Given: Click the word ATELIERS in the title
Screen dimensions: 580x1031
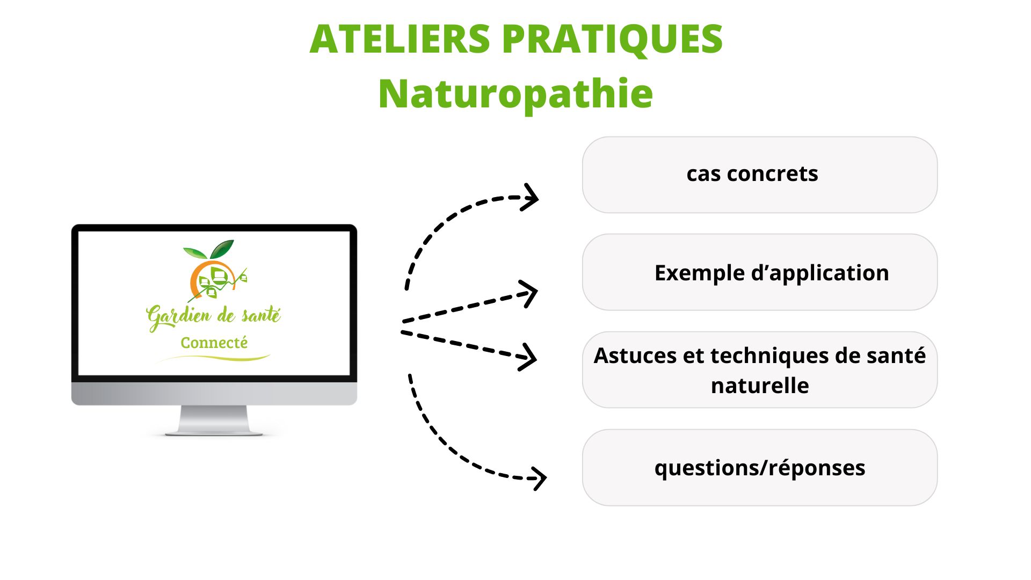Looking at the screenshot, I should [400, 39].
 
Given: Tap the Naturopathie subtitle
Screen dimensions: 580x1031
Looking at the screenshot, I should [515, 94].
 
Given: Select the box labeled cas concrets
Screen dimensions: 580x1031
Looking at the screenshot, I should [759, 175].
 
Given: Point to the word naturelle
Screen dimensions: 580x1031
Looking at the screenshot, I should [759, 386].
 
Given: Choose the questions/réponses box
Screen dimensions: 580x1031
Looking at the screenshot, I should [759, 467].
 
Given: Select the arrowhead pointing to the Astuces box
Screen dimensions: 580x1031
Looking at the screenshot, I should [529, 357].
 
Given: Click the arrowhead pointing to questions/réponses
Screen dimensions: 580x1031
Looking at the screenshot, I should [539, 477].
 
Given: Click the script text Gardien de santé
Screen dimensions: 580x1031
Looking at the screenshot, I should [213, 316].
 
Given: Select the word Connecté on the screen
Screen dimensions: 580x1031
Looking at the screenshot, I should [214, 343].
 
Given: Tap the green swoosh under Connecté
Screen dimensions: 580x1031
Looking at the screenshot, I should [215, 358].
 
